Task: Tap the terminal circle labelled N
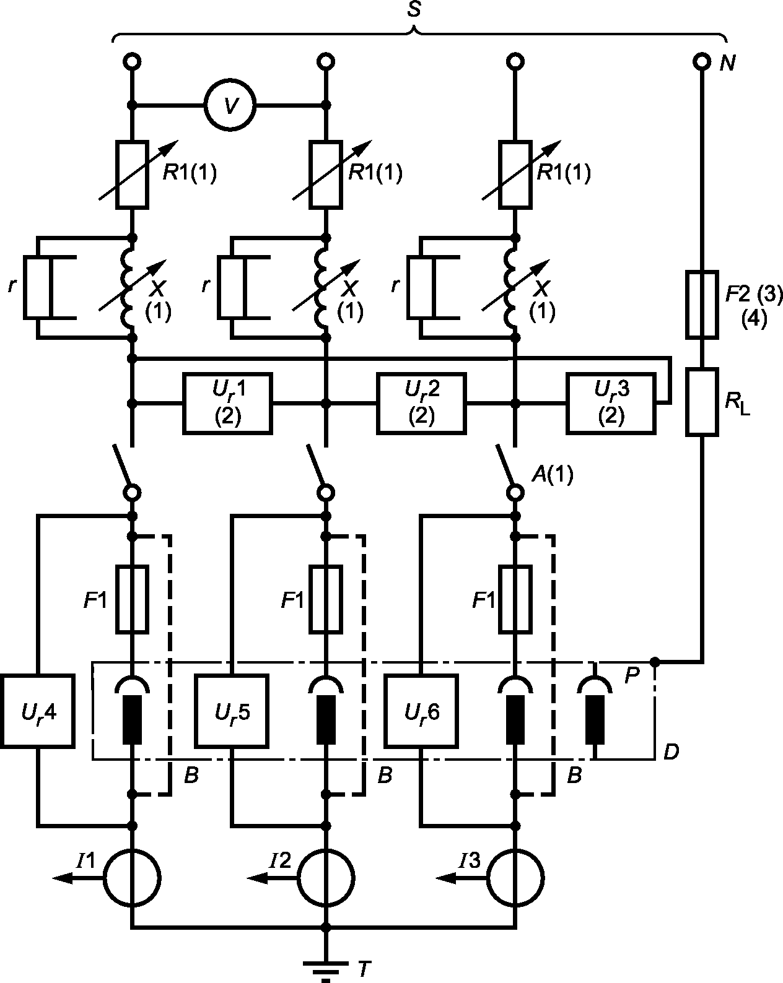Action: pyautogui.click(x=702, y=61)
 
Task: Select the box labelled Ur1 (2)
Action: pyautogui.click(x=227, y=404)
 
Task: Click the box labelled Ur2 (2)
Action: pyautogui.click(x=421, y=404)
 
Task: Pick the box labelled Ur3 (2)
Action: pyautogui.click(x=611, y=404)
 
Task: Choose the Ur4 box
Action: pyautogui.click(x=38, y=711)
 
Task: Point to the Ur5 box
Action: pyautogui.click(x=231, y=711)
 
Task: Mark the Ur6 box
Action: pyautogui.click(x=421, y=711)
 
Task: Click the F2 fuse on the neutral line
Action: pyautogui.click(x=702, y=304)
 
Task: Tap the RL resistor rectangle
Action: pyautogui.click(x=702, y=402)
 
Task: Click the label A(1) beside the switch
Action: pyautogui.click(x=552, y=475)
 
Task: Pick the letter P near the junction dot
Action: pyautogui.click(x=631, y=674)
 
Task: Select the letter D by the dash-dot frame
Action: pyautogui.click(x=670, y=751)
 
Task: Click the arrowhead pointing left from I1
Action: pyautogui.click(x=63, y=878)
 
